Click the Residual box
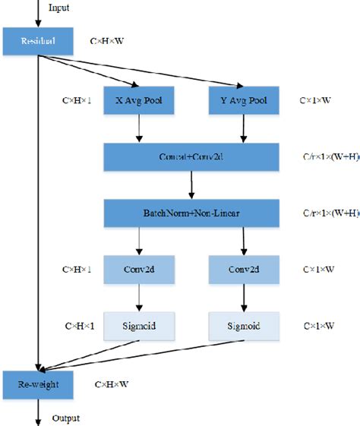(39, 41)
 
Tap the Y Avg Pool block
(244, 100)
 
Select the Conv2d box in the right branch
(244, 269)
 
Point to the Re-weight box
(39, 385)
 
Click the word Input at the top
(58, 8)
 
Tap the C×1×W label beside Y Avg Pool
(319, 100)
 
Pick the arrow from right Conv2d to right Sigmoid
(244, 296)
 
